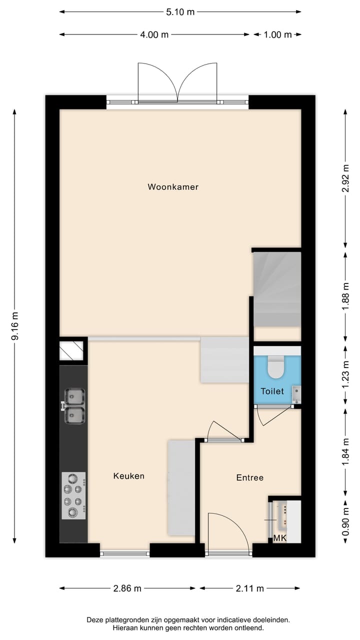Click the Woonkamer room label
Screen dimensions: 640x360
click(x=173, y=187)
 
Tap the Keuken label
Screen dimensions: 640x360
click(x=128, y=476)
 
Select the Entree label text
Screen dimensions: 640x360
click(x=249, y=477)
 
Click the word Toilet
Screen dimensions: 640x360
click(x=272, y=391)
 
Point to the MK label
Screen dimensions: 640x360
click(x=279, y=538)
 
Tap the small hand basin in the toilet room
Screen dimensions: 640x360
click(x=296, y=393)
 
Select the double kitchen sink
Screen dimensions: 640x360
click(x=74, y=406)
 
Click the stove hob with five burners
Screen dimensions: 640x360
click(x=73, y=495)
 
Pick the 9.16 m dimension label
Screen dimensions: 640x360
click(x=15, y=326)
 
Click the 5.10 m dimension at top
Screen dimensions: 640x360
click(x=180, y=12)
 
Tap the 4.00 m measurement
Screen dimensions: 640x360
click(x=154, y=34)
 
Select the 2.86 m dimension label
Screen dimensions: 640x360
click(x=127, y=588)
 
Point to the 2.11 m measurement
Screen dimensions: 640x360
click(x=249, y=588)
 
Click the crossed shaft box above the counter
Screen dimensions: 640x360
click(x=71, y=350)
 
